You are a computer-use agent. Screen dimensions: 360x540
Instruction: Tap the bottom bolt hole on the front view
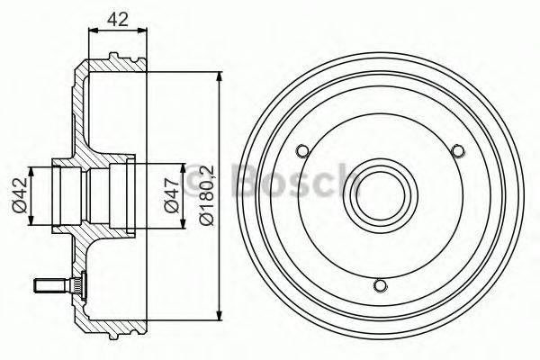click(380, 285)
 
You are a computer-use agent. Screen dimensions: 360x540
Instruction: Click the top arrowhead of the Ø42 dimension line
click(33, 170)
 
